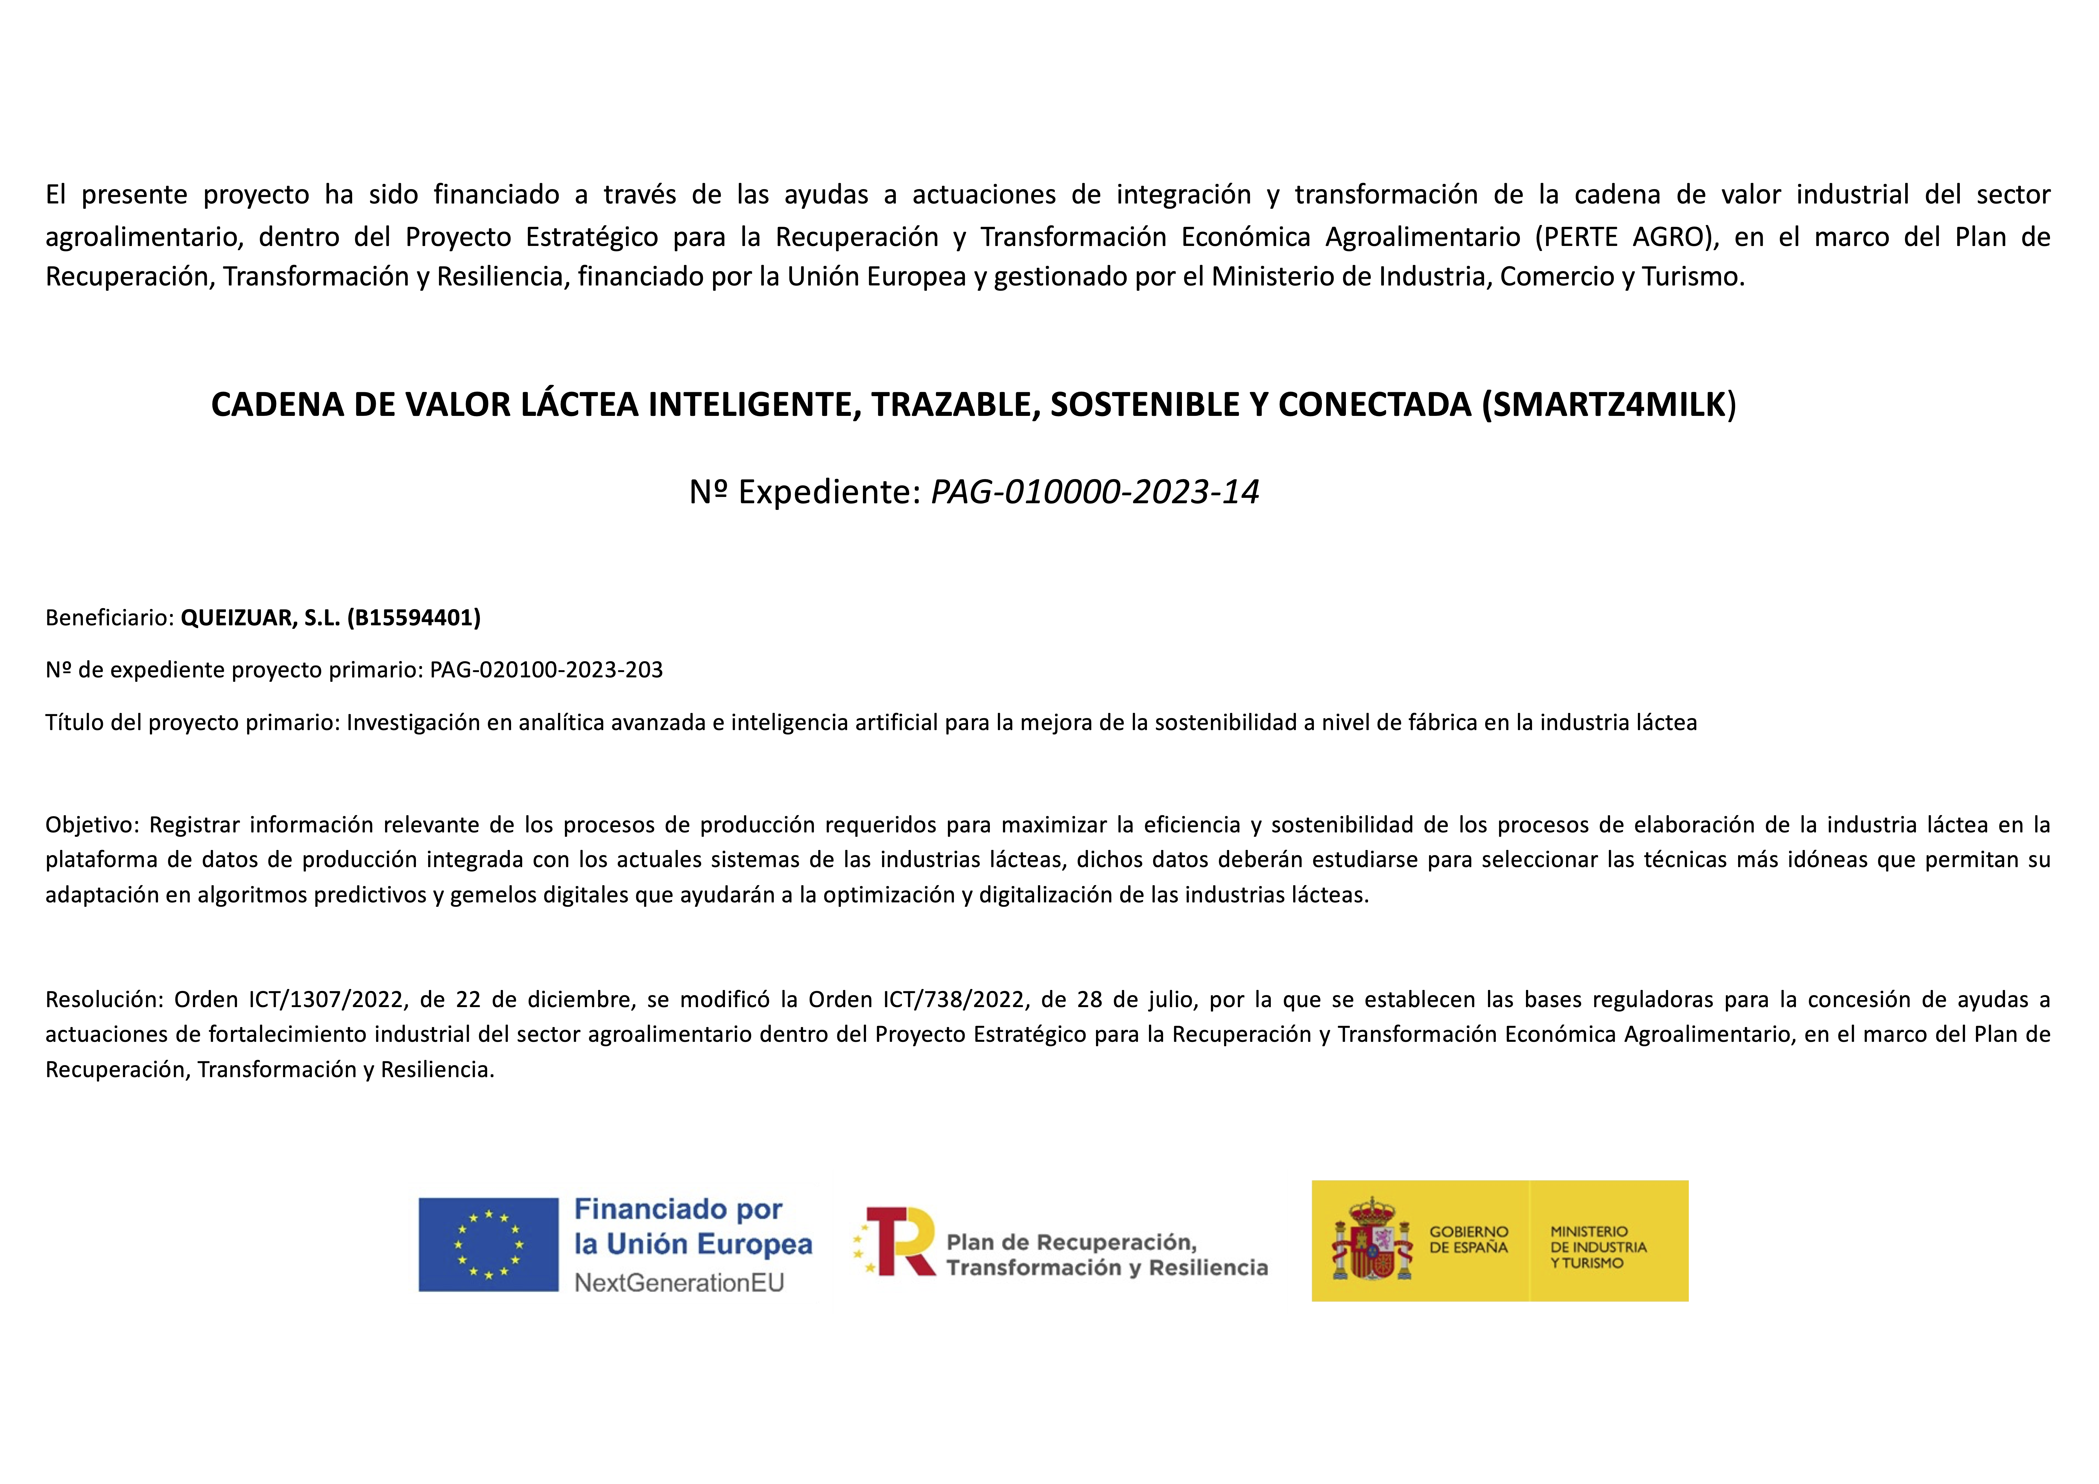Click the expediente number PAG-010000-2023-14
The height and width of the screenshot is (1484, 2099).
tap(1094, 492)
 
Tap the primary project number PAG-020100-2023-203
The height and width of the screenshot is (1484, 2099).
tap(546, 670)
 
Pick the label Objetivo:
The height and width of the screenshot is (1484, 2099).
tap(92, 825)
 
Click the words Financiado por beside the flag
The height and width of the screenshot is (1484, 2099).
tap(677, 1210)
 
